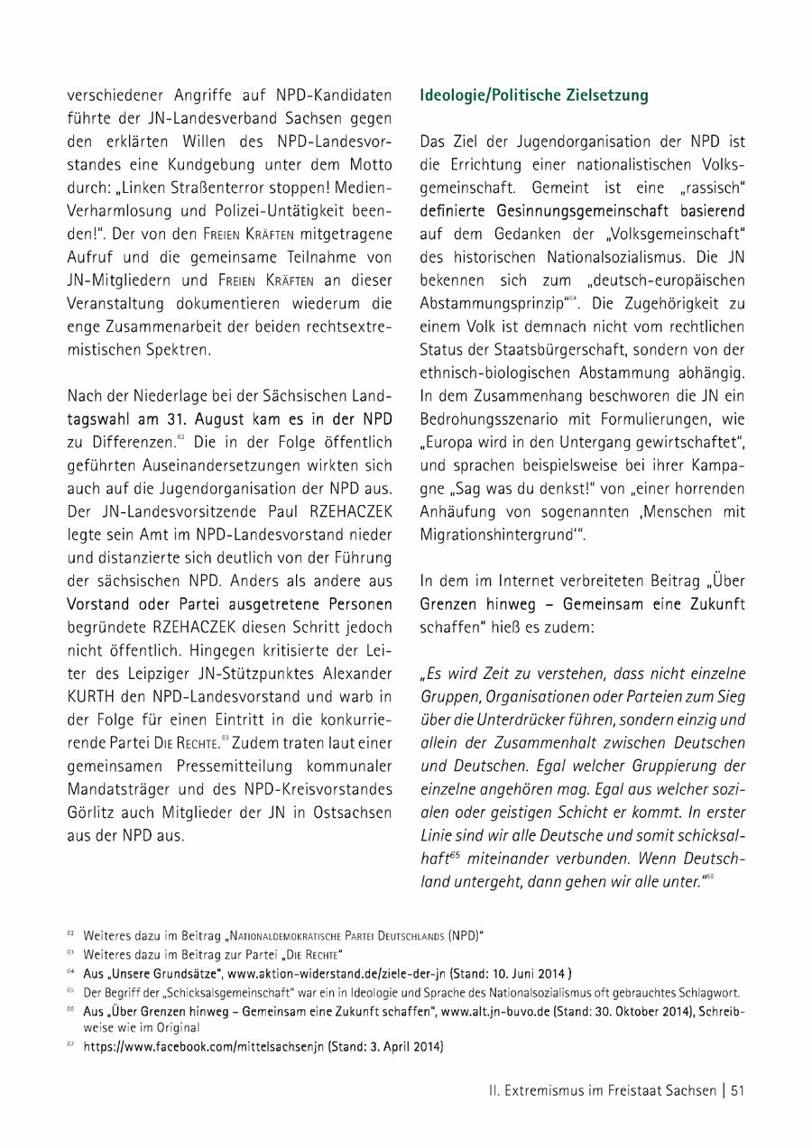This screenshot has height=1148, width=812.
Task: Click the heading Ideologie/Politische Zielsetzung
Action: (534, 95)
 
